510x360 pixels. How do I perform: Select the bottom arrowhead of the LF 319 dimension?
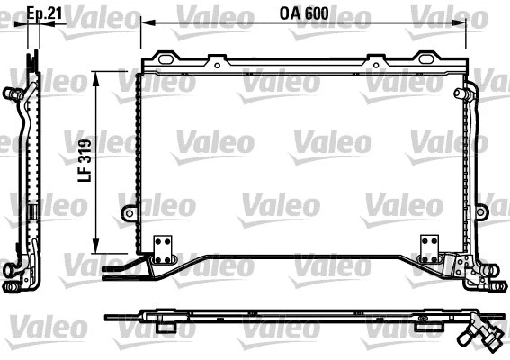tap(97, 247)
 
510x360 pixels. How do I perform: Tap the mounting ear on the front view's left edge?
tap(130, 214)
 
